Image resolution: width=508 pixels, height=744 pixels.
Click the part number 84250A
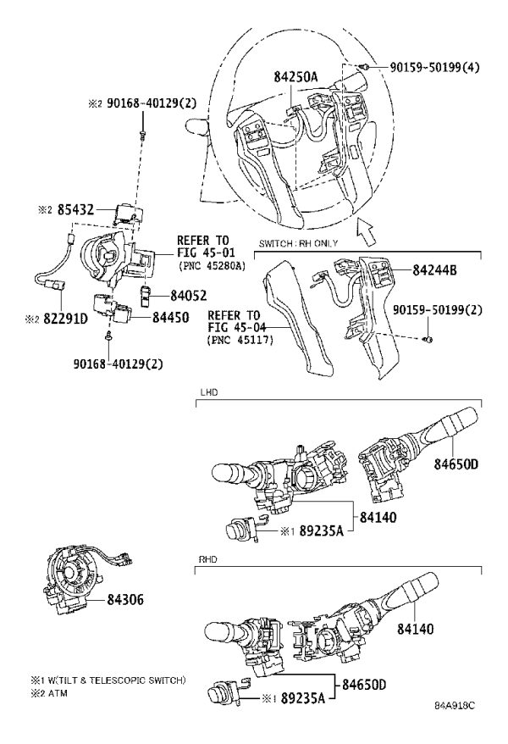click(x=295, y=76)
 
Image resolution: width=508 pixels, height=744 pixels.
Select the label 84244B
click(x=434, y=270)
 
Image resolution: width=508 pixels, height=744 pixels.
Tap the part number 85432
click(x=75, y=209)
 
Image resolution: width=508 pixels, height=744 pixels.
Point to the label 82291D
click(x=65, y=319)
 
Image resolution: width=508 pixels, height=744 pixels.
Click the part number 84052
click(x=189, y=296)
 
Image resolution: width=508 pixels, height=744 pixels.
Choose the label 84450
click(x=170, y=318)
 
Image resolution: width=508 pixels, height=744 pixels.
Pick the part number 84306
click(x=125, y=600)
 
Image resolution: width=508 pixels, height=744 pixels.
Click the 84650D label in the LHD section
click(x=456, y=464)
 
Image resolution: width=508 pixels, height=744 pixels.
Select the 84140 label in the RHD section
click(x=415, y=629)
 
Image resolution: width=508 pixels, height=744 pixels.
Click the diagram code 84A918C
click(x=455, y=705)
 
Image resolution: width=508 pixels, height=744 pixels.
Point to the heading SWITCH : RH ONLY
click(x=298, y=243)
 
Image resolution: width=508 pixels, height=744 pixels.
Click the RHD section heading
click(x=208, y=560)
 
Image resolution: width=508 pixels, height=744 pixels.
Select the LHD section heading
click(x=209, y=392)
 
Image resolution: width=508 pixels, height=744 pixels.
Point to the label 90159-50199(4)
click(x=434, y=68)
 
